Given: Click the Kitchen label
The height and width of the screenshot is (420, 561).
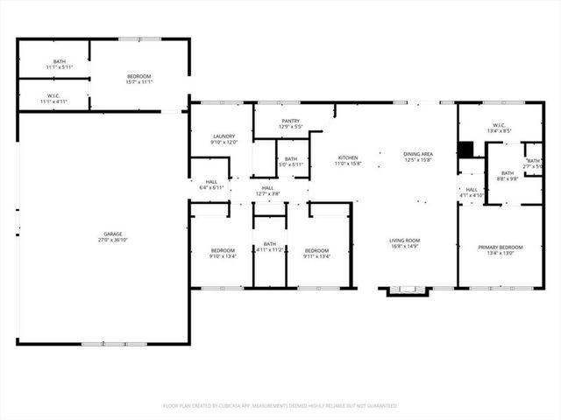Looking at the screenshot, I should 348,160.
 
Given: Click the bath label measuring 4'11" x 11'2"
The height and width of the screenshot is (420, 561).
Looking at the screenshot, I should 269,247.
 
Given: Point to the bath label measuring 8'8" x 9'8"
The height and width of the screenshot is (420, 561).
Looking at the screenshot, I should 507,176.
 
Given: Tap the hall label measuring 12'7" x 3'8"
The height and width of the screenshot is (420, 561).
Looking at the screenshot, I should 267,192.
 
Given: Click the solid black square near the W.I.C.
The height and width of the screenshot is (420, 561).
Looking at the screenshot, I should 465,150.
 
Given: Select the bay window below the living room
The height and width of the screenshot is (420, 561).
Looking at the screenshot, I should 404,291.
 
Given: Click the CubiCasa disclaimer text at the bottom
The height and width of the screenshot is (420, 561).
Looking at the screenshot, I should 280,406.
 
